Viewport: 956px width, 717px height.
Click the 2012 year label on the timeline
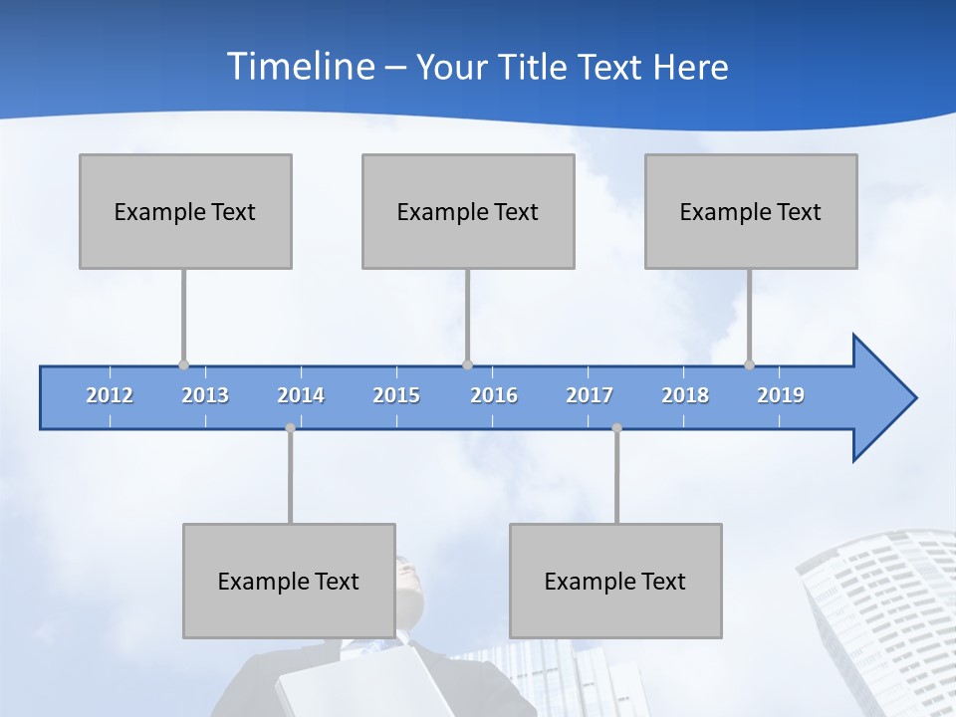point(110,395)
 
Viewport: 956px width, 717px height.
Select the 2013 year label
point(205,395)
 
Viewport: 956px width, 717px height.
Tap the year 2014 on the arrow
point(301,395)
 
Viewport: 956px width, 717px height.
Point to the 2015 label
point(396,395)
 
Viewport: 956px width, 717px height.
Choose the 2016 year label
point(494,395)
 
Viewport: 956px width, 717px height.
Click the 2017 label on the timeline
point(590,395)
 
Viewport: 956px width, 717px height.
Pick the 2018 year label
point(685,395)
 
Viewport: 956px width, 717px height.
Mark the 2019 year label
point(781,395)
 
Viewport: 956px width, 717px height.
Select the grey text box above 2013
point(185,211)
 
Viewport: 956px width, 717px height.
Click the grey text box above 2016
point(468,211)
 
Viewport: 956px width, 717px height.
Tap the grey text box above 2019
point(751,211)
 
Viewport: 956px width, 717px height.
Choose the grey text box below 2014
point(289,581)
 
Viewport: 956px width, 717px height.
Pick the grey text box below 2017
point(615,581)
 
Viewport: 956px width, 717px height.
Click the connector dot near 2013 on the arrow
point(183,364)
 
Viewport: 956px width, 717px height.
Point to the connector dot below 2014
point(290,428)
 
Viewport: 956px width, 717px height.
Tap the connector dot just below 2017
point(616,428)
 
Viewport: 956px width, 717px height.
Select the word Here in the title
point(690,67)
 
